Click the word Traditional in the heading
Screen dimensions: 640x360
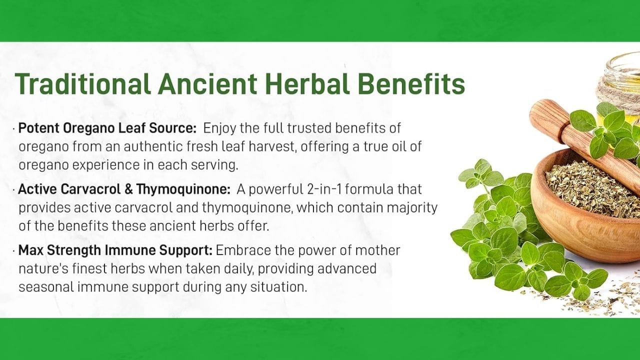83,83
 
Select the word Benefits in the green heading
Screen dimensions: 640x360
411,83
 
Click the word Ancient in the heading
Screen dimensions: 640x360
207,83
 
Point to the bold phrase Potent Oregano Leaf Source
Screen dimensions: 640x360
107,128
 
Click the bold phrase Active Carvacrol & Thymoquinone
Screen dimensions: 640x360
124,189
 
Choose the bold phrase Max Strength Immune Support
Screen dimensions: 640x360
115,250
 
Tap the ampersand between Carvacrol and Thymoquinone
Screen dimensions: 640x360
129,189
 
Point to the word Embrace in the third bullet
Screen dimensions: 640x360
243,250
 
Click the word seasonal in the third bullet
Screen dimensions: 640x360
46,287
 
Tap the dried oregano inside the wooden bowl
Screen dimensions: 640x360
588,188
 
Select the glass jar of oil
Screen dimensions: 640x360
623,85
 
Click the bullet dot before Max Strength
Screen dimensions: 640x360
13,251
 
